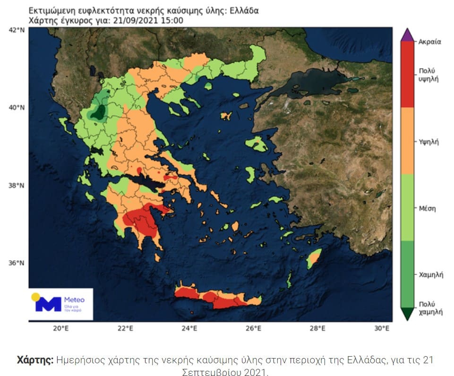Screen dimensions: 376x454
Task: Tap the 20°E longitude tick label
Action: (60, 329)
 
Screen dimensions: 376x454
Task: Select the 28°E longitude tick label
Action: (317, 329)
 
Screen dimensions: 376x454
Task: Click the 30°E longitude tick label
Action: (382, 329)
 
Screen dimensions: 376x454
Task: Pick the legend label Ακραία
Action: (429, 42)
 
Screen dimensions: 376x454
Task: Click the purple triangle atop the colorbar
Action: (407, 35)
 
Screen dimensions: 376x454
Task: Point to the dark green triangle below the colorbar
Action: (407, 314)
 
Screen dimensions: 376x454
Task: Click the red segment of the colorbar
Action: (407, 74)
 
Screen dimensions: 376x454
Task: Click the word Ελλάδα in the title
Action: (243, 10)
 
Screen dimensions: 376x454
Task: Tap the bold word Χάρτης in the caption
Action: (35, 360)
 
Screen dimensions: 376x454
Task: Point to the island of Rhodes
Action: (314, 258)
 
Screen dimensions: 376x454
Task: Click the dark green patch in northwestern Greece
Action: (100, 112)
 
